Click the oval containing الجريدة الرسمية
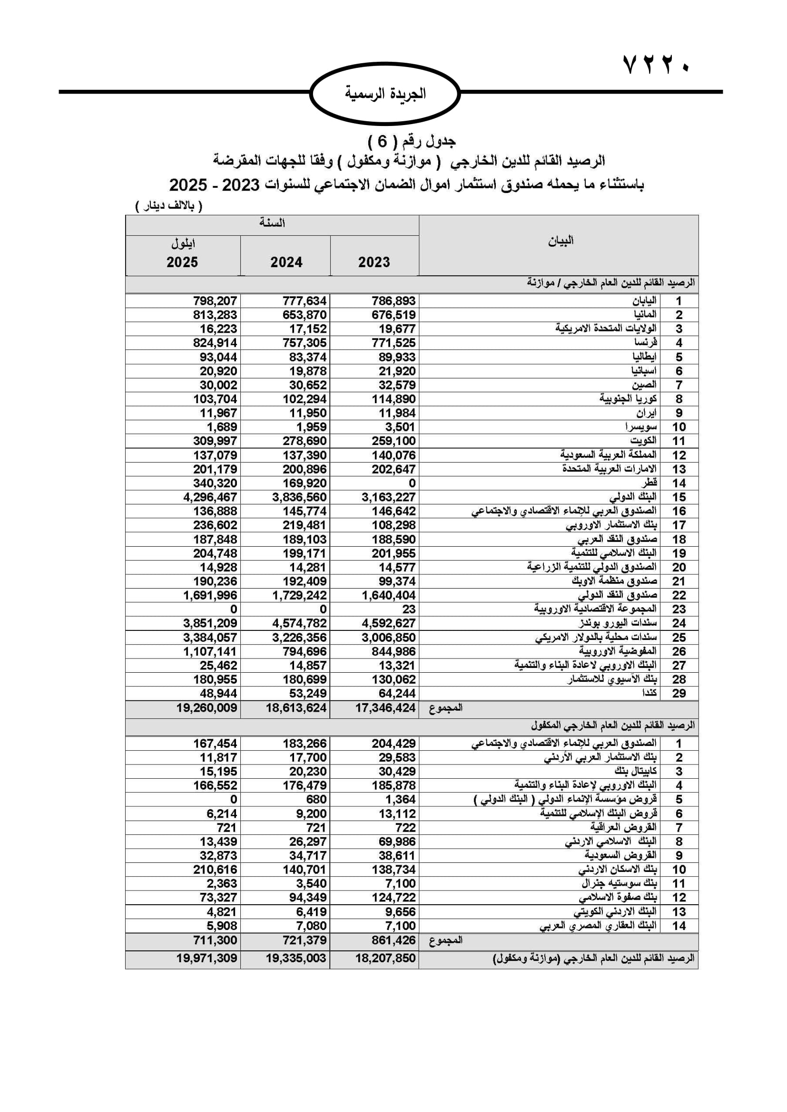pyautogui.click(x=385, y=94)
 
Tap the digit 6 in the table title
pyautogui.click(x=383, y=141)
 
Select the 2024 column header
pyautogui.click(x=286, y=262)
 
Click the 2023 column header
pyautogui.click(x=374, y=262)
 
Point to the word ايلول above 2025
pyautogui.click(x=183, y=243)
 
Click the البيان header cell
pyautogui.click(x=560, y=241)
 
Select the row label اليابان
pyautogui.click(x=644, y=301)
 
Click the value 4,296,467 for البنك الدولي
pyautogui.click(x=210, y=497)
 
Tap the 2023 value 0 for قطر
pyautogui.click(x=412, y=483)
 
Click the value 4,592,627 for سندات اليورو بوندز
pyautogui.click(x=388, y=623)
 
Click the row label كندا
pyautogui.click(x=649, y=693)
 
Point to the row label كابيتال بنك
pyautogui.click(x=635, y=772)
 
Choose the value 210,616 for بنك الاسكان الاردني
pyautogui.click(x=215, y=870)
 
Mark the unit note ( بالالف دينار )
pyautogui.click(x=168, y=206)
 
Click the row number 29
pyautogui.click(x=679, y=693)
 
